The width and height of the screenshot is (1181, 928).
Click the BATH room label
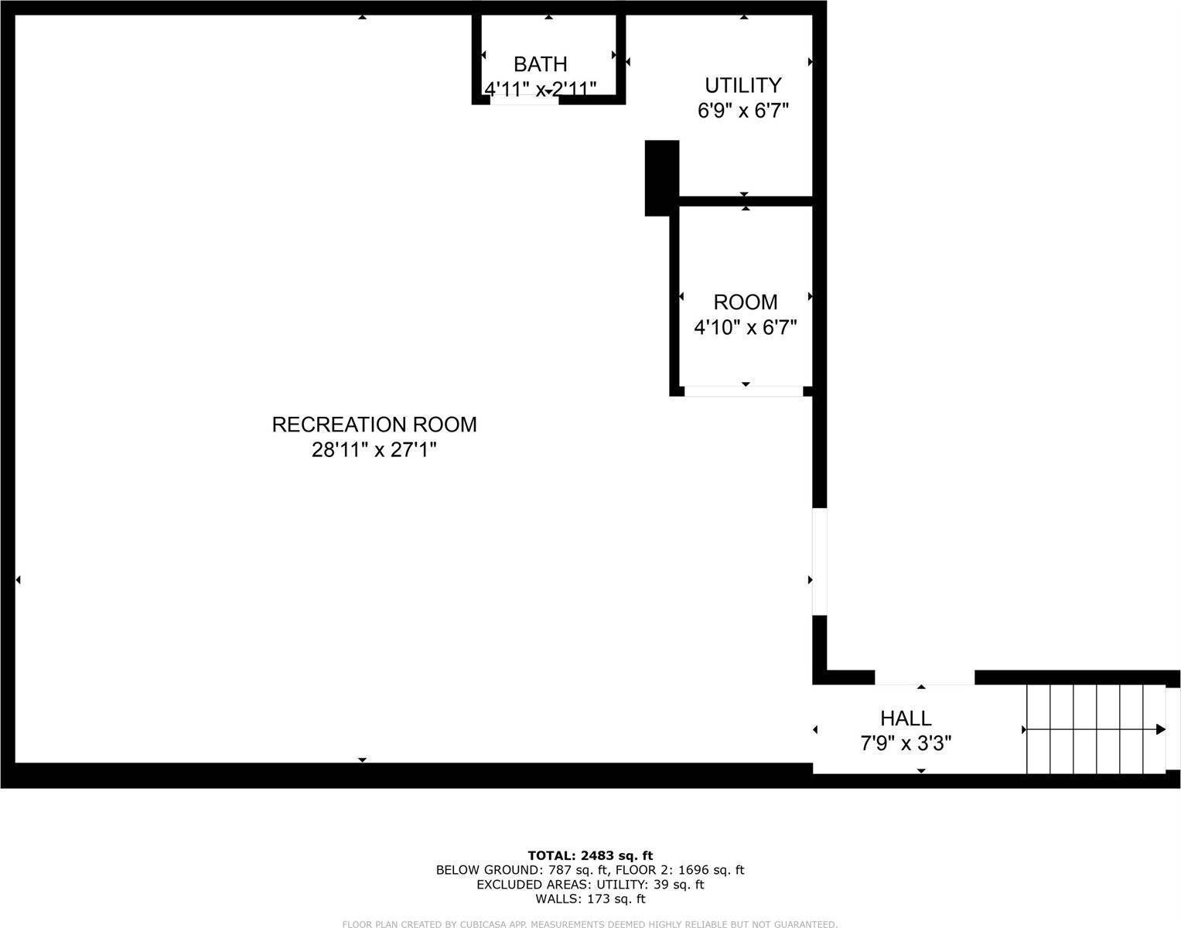coord(540,64)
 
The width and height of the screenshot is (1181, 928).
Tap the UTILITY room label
coord(742,85)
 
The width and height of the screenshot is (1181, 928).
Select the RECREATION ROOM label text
coord(374,425)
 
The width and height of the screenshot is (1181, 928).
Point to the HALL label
coord(906,718)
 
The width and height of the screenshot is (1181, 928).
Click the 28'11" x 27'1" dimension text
coord(374,449)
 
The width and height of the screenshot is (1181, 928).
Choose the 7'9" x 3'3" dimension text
coord(906,744)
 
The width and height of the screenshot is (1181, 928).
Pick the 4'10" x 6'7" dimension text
coord(745,327)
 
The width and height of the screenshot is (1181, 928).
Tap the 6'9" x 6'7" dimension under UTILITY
coord(742,111)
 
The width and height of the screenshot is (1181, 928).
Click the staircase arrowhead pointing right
coord(1160,729)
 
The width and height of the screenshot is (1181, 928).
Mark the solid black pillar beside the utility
coord(662,177)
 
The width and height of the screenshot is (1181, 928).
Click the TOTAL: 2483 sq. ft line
coord(590,855)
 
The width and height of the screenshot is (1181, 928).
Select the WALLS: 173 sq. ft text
coord(590,899)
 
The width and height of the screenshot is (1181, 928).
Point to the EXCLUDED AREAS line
coord(590,885)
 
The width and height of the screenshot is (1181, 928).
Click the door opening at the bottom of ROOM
coord(743,391)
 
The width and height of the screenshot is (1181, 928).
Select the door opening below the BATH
coord(524,100)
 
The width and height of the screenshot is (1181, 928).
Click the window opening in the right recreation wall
coord(819,561)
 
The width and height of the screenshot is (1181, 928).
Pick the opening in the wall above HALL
coord(924,678)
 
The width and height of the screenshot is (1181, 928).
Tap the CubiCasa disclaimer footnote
coord(590,923)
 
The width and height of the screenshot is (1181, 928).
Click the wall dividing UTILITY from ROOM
coord(745,201)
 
